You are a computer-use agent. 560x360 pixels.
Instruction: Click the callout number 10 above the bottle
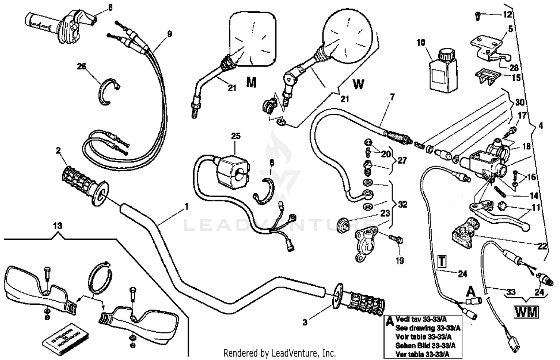[x=421, y=42]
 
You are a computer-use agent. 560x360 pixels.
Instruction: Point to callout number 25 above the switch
[x=236, y=136]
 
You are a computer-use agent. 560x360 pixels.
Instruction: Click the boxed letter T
[x=442, y=261]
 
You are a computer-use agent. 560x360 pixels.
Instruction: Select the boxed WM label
[x=526, y=311]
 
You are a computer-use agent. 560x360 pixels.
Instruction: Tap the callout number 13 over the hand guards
[x=57, y=226]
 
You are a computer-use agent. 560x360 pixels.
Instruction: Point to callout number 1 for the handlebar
[x=187, y=207]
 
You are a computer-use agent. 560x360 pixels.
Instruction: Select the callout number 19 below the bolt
[x=400, y=260]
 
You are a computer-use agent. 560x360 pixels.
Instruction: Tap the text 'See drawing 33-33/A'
[x=425, y=328]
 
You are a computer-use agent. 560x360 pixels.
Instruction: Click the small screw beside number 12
[x=477, y=15]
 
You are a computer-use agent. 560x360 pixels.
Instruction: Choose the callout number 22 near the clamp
[x=542, y=246]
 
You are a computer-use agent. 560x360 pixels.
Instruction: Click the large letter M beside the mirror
[x=251, y=83]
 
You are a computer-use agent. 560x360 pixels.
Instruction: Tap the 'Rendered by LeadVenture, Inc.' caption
[x=280, y=353]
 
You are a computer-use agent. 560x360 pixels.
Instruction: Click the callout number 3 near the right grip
[x=305, y=322]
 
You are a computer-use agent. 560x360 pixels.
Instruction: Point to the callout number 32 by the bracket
[x=402, y=204]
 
